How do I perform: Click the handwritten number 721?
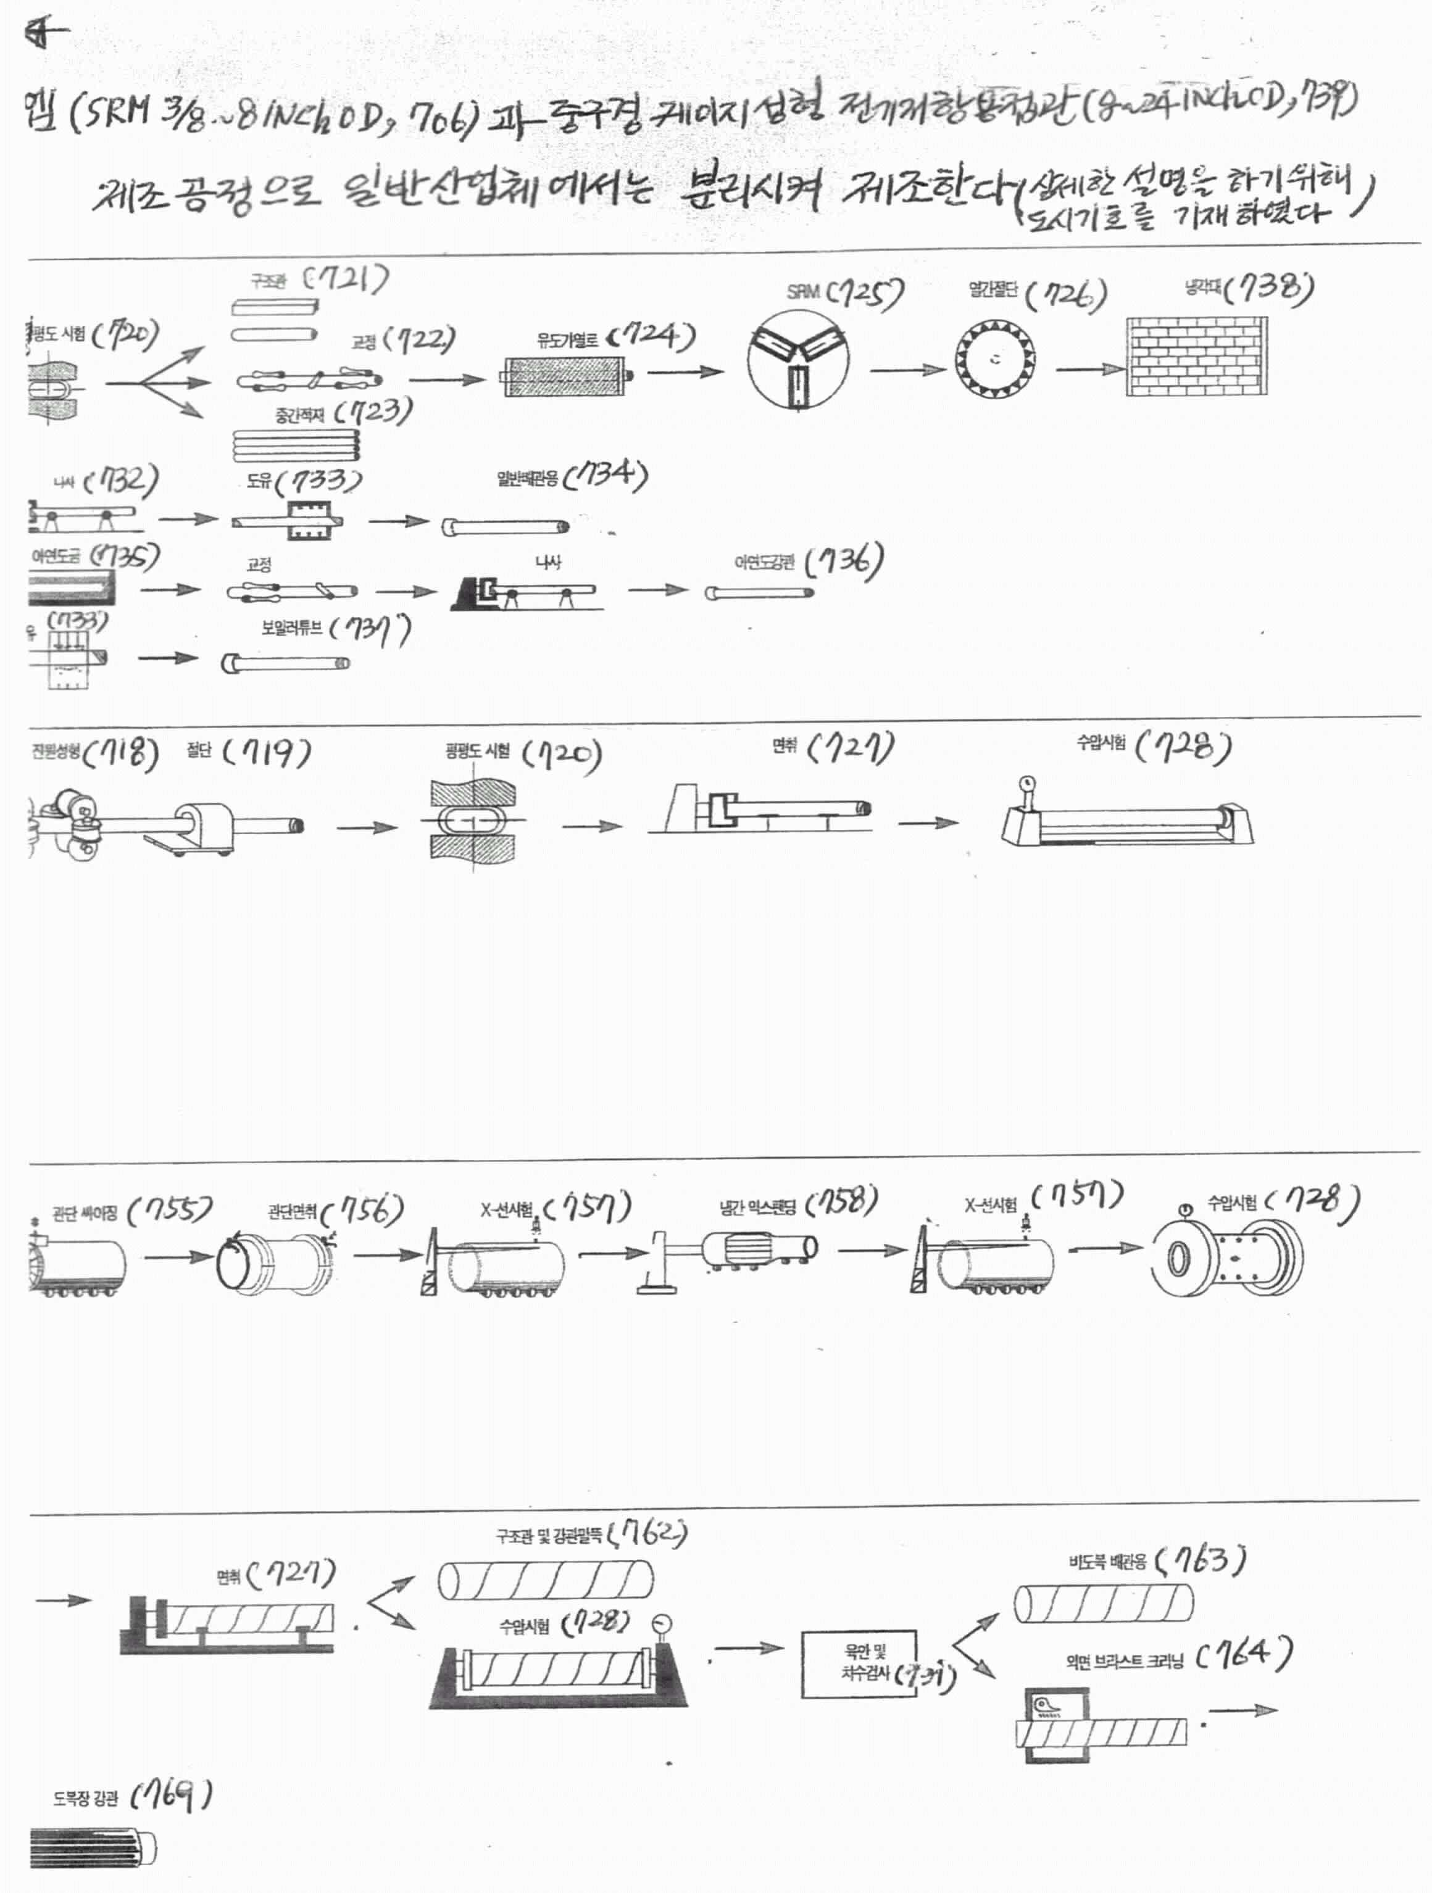point(348,278)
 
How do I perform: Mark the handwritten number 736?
point(845,562)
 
